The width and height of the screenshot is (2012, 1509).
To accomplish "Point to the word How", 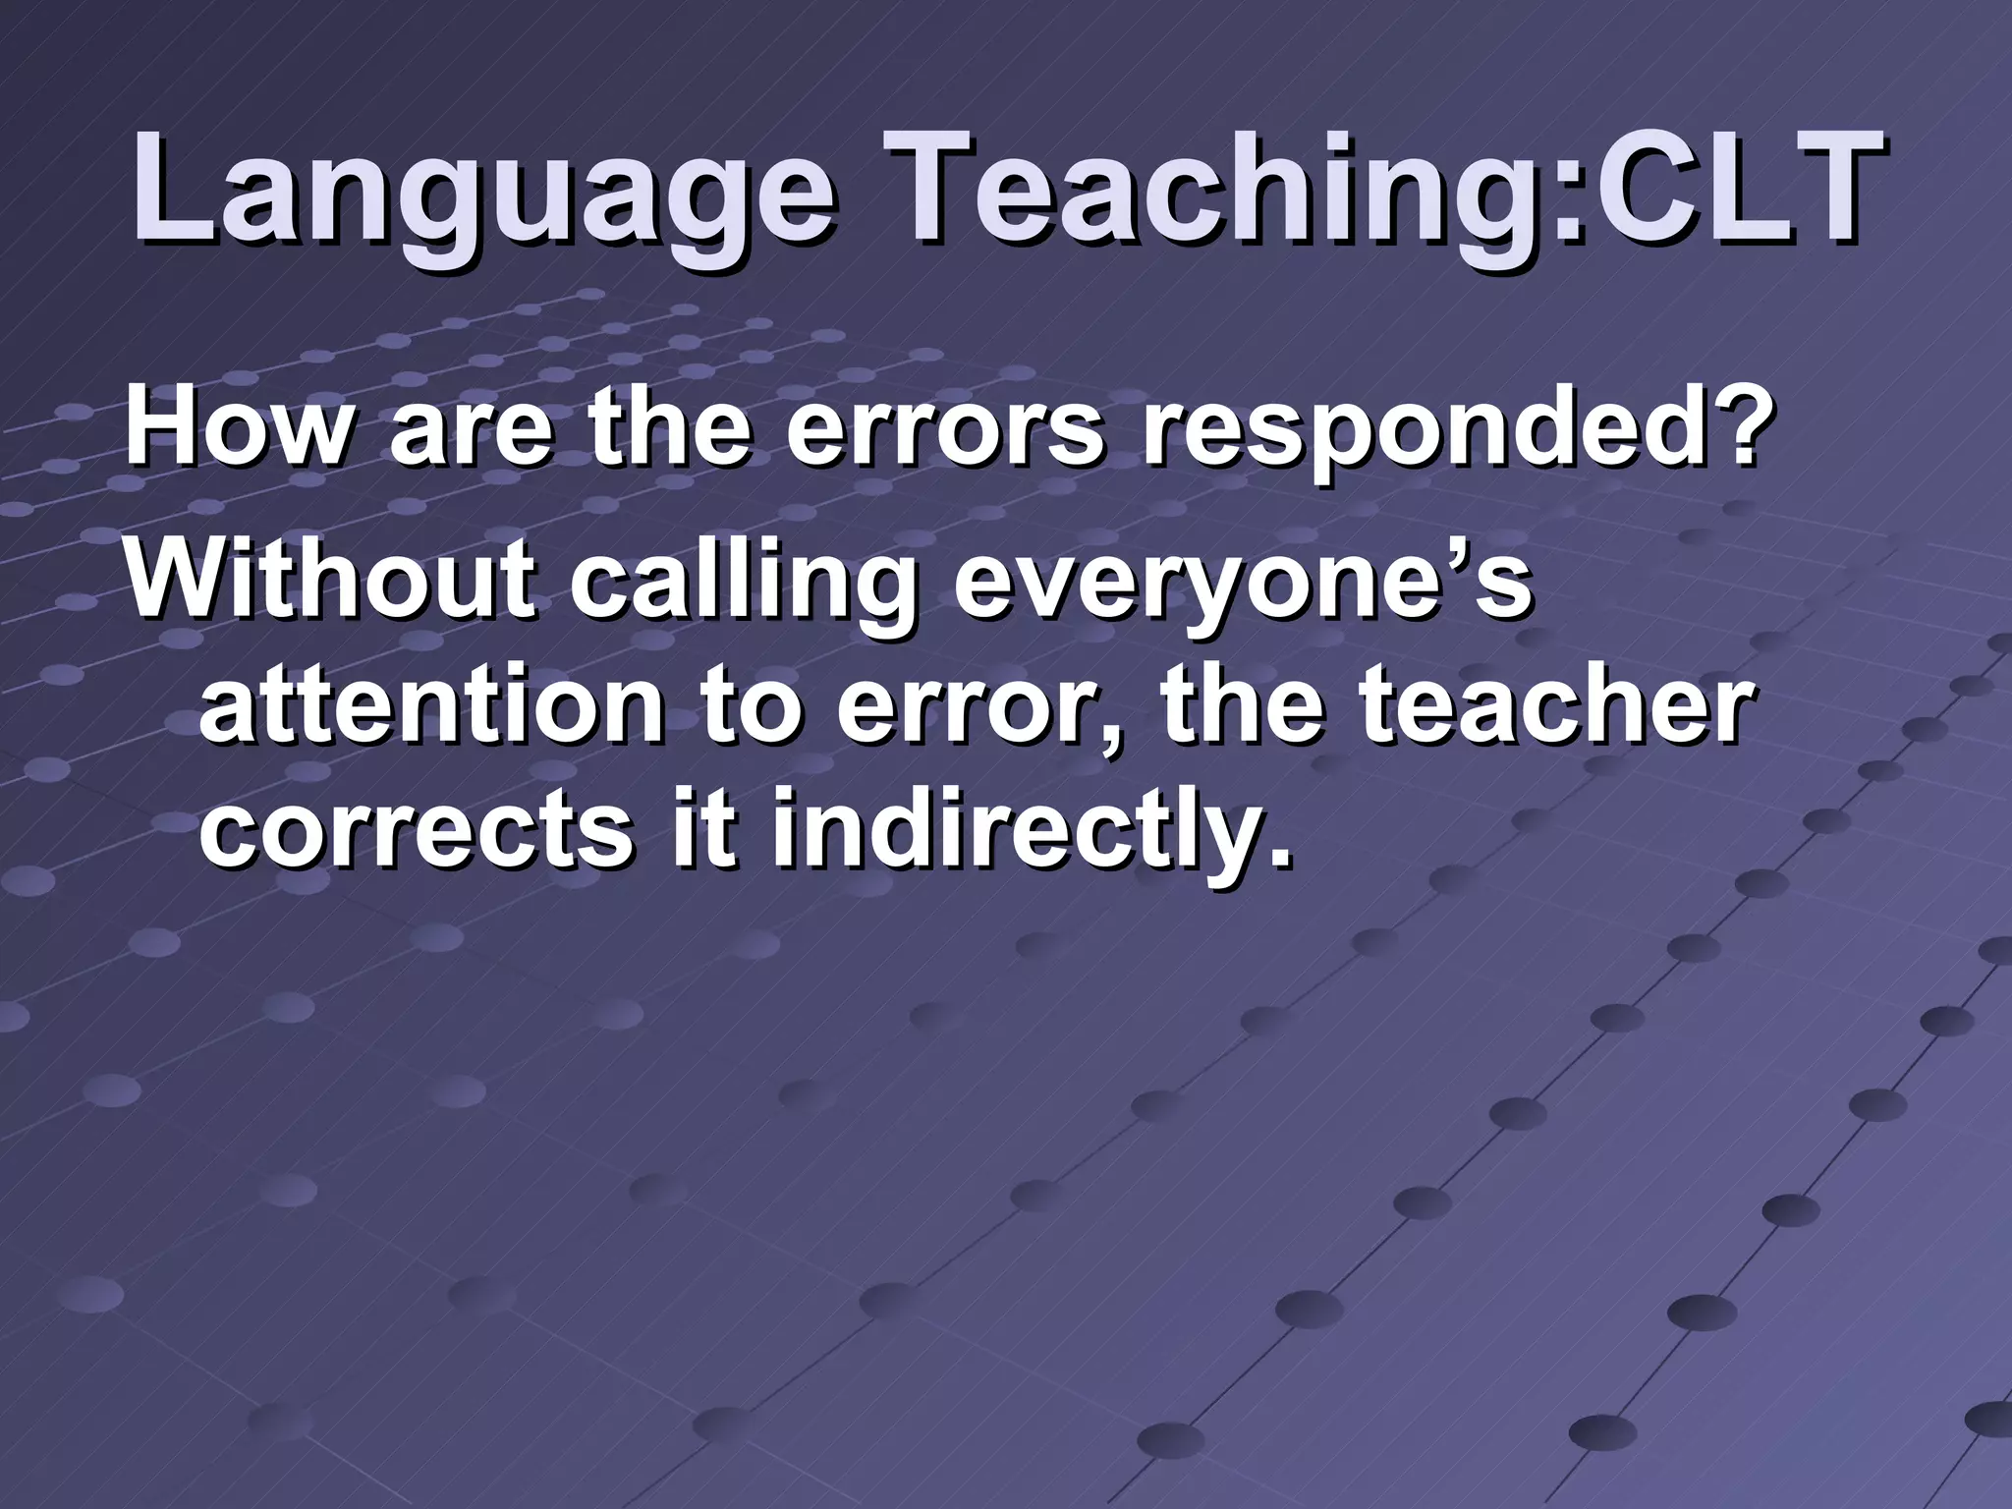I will pyautogui.click(x=236, y=432).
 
